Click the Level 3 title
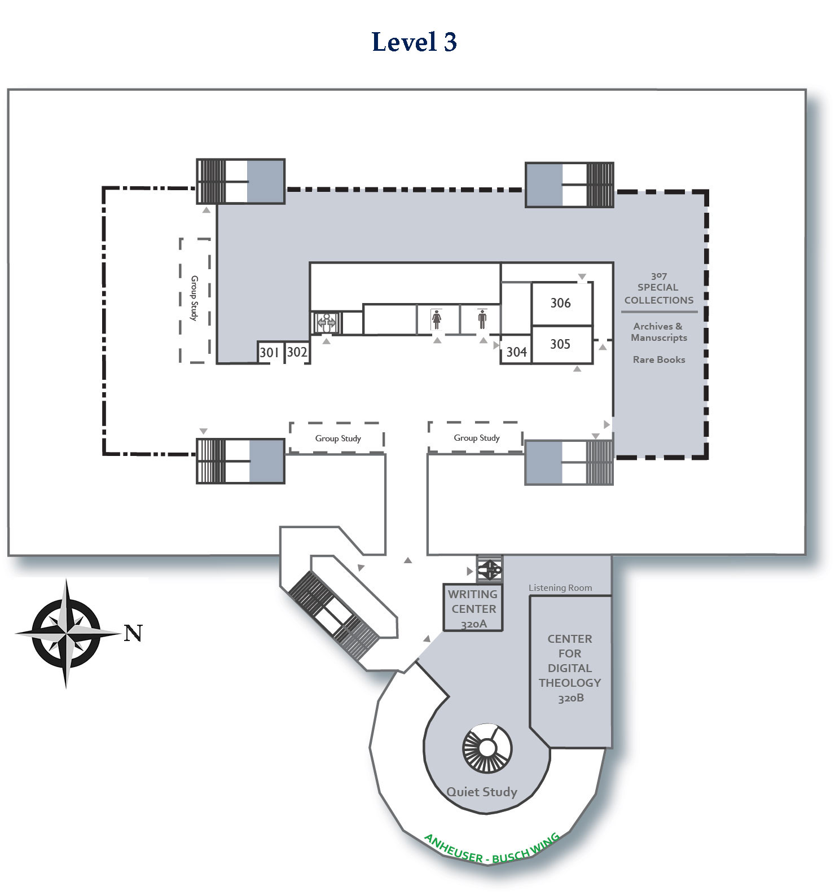click(x=414, y=42)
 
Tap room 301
click(x=269, y=353)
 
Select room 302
click(x=297, y=353)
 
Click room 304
click(x=516, y=352)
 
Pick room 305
click(x=560, y=344)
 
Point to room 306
click(x=560, y=303)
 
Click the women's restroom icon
click(x=436, y=319)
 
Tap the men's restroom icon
click(x=482, y=319)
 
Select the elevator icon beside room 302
click(x=326, y=322)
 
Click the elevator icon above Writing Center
click(x=489, y=569)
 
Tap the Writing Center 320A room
click(x=473, y=608)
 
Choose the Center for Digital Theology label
click(x=570, y=668)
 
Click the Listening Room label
click(x=560, y=588)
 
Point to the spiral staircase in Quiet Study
click(x=487, y=748)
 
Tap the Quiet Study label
click(x=482, y=792)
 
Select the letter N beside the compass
click(x=133, y=633)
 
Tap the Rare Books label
click(x=659, y=359)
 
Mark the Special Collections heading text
click(x=658, y=293)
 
